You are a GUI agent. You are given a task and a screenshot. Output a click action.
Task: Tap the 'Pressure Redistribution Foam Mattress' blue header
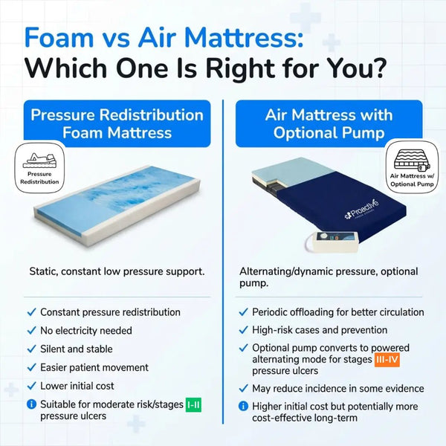click(117, 123)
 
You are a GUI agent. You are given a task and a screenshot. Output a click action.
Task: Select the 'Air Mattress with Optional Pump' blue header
click(328, 123)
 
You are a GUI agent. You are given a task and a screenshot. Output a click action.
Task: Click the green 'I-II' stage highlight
click(193, 404)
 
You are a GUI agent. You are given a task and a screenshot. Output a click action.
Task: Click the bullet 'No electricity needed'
click(86, 330)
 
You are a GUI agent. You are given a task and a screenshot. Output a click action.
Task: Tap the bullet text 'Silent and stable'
click(77, 349)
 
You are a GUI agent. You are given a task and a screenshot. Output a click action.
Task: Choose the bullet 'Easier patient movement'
click(94, 367)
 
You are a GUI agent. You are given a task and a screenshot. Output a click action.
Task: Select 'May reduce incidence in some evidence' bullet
click(338, 388)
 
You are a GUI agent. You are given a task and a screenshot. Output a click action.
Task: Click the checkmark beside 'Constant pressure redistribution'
click(30, 312)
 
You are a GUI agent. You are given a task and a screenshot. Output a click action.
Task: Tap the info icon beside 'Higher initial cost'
click(242, 407)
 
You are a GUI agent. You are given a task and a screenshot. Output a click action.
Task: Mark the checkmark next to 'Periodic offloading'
click(242, 312)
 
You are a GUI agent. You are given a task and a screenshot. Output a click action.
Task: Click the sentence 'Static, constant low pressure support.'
click(117, 272)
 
